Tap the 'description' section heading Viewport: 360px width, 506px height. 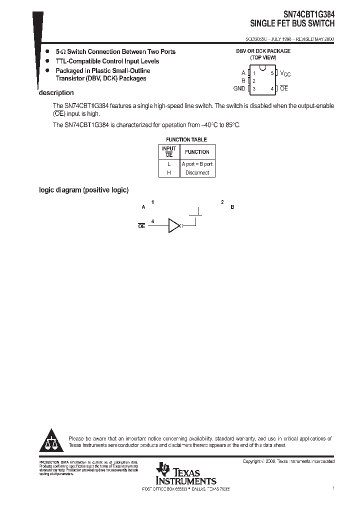point(56,93)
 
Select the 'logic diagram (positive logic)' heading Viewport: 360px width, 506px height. point(84,190)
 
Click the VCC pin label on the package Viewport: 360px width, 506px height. point(285,73)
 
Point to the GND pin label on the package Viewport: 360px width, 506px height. point(239,88)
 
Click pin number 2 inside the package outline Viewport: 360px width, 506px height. point(254,80)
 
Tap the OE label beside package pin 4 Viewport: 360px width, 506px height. point(284,88)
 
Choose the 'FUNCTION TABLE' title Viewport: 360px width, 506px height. point(186,140)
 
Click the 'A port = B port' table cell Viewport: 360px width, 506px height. point(197,164)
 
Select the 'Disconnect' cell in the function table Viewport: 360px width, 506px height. point(197,172)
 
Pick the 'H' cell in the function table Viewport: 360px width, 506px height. point(169,172)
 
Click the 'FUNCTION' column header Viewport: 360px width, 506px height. point(197,152)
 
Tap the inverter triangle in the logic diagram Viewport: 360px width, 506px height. point(173,225)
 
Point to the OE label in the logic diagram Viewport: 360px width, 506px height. point(141,226)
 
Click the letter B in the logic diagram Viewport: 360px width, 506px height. point(232,207)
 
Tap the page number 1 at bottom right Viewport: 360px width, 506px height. point(333,487)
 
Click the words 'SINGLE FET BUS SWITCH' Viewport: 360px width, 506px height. point(292,23)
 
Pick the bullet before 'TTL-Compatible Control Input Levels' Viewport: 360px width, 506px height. point(47,61)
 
